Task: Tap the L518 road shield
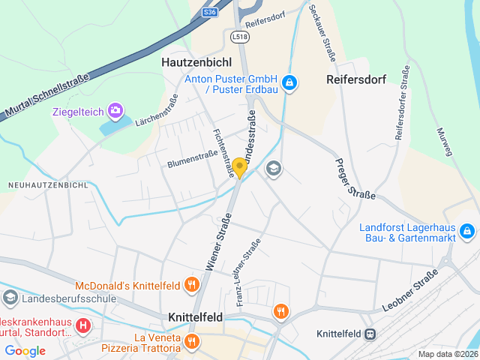click(x=239, y=36)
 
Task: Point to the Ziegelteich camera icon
click(x=115, y=112)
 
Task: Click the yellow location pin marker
click(x=239, y=167)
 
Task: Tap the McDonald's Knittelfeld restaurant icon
click(x=192, y=284)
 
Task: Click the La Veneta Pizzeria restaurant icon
click(x=192, y=341)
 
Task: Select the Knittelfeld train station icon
click(x=370, y=334)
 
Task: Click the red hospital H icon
click(x=84, y=326)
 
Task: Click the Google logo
click(x=25, y=350)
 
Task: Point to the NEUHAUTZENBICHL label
click(x=48, y=184)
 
